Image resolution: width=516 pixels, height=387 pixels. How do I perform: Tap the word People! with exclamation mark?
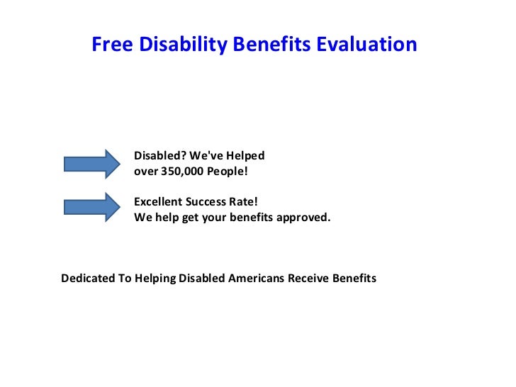[226, 172]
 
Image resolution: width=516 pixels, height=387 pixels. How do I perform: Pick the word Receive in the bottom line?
[308, 278]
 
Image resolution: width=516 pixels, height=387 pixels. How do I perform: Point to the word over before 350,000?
[146, 172]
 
